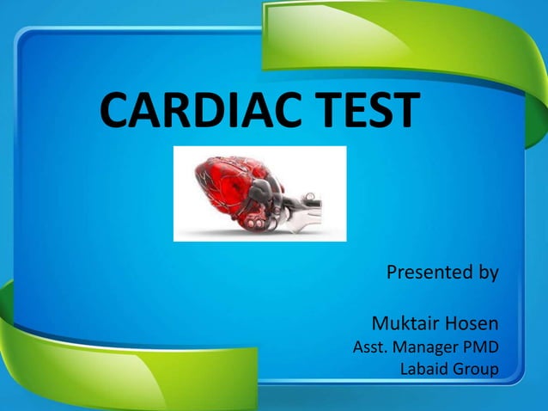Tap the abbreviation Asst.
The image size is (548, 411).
pos(370,348)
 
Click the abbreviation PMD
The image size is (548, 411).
pos(481,348)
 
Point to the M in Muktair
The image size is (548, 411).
pos(381,324)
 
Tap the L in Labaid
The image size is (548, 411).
pos(405,370)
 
